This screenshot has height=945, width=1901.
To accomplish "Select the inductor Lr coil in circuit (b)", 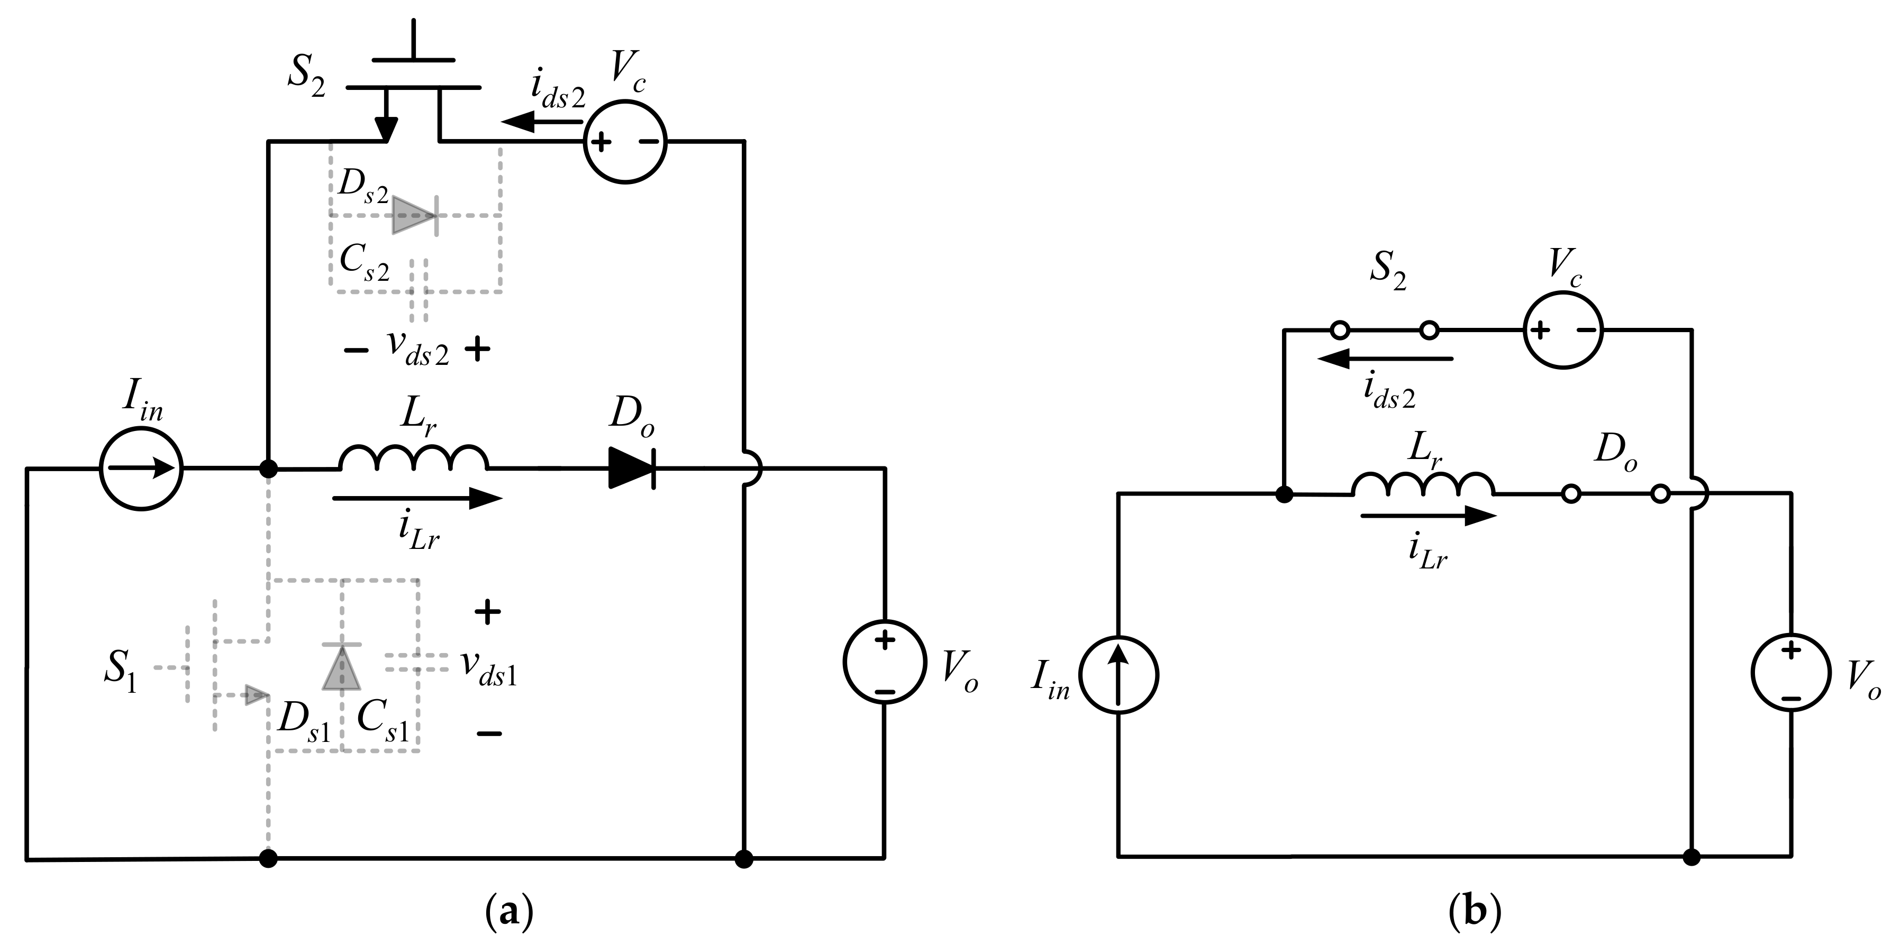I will tap(1423, 485).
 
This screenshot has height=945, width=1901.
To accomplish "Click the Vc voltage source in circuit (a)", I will tap(625, 142).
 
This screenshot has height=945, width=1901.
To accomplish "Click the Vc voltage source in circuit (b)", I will tap(1563, 330).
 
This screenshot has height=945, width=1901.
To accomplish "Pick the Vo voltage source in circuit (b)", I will tap(1791, 672).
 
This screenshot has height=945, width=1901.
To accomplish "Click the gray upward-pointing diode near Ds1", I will tap(342, 666).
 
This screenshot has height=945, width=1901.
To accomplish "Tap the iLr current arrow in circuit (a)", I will tap(417, 499).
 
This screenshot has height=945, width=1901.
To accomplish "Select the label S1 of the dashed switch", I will tap(120, 673).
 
